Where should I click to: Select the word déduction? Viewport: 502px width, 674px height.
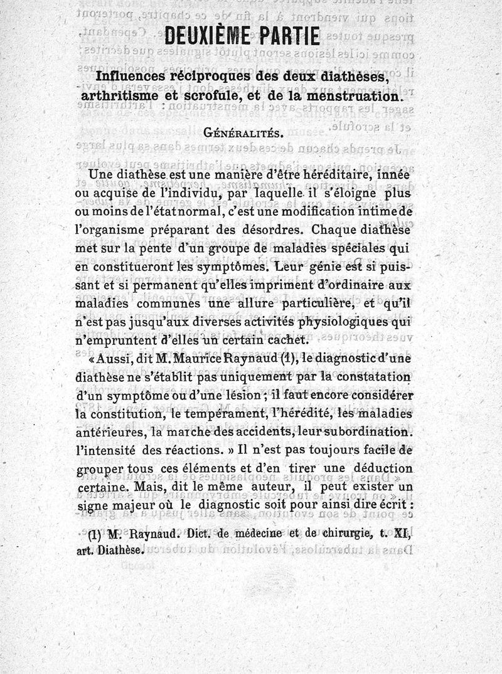click(381, 470)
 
